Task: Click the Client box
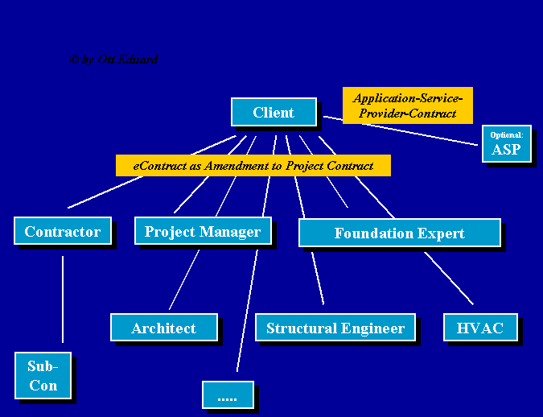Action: tap(274, 113)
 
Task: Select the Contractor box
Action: tap(62, 232)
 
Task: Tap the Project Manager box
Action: tap(202, 232)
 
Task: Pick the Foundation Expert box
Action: tap(399, 233)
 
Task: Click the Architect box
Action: tap(163, 328)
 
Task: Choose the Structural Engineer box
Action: tap(335, 328)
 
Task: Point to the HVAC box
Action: tap(479, 328)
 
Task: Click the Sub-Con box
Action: tap(43, 376)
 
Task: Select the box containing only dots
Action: tap(228, 395)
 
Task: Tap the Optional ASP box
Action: tap(506, 144)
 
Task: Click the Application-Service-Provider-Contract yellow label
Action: tap(407, 105)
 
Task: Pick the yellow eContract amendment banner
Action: tap(253, 166)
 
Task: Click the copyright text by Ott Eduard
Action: tap(113, 60)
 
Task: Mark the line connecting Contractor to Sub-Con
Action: tap(63, 298)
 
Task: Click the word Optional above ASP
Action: tap(506, 134)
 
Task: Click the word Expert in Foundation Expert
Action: tap(438, 233)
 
